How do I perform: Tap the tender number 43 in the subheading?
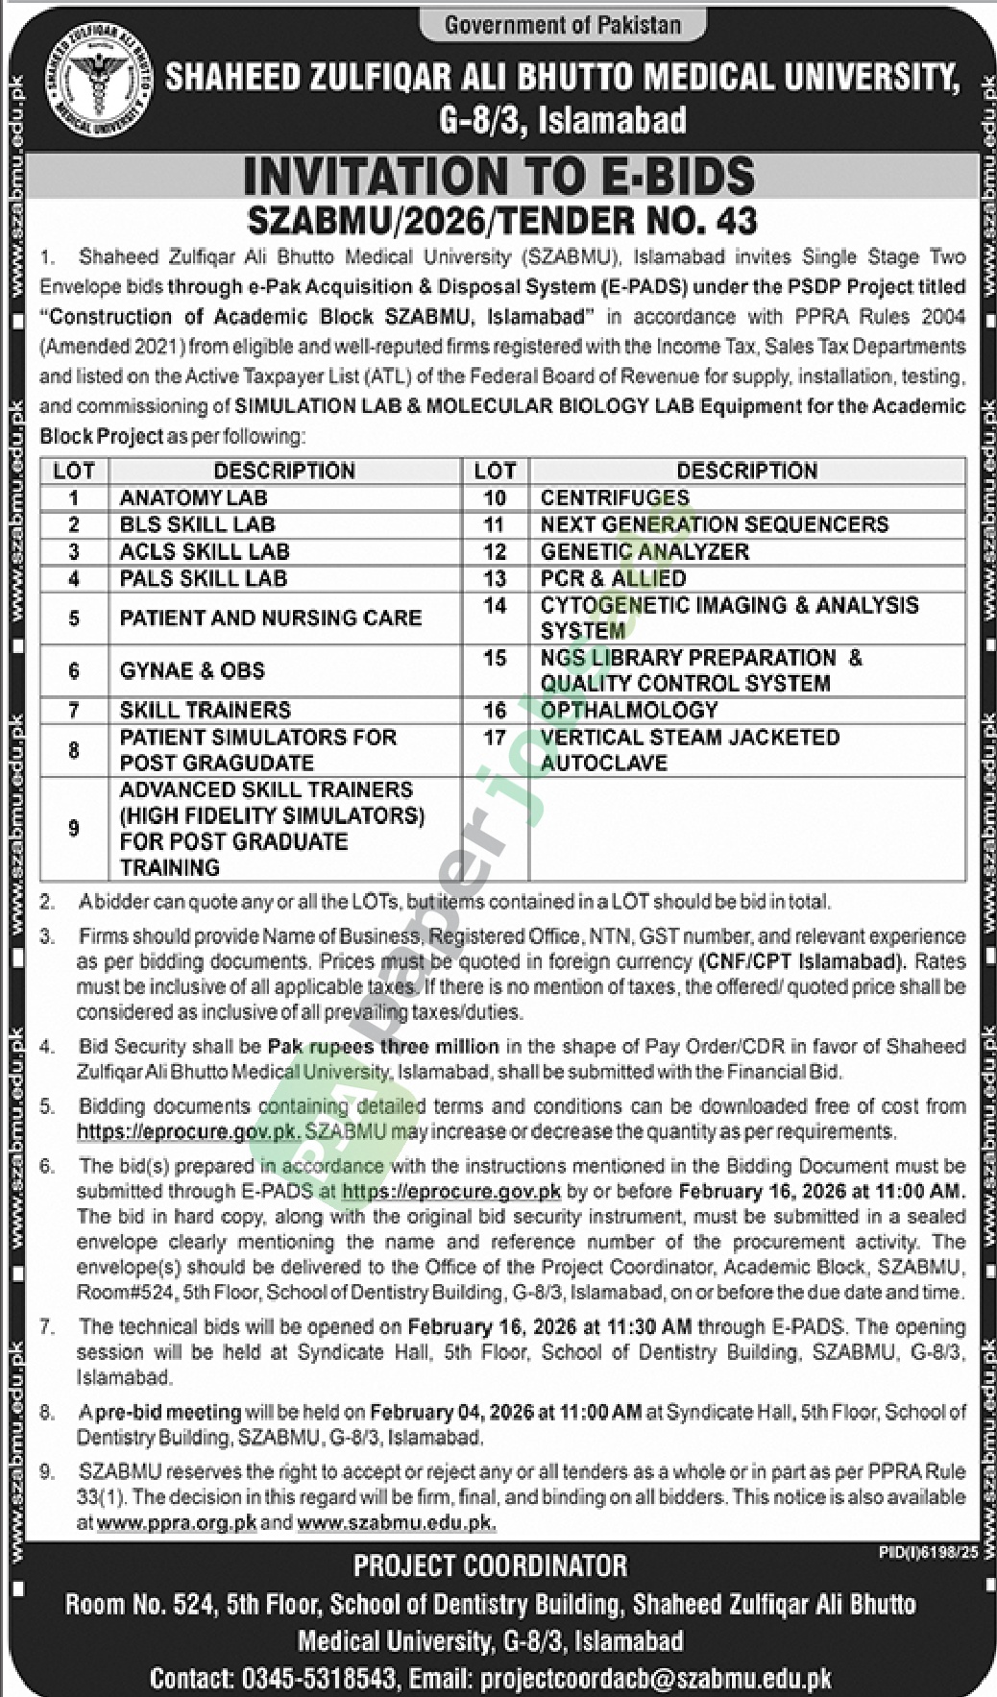[739, 222]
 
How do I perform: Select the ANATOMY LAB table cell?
[193, 497]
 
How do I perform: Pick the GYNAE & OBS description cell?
[192, 670]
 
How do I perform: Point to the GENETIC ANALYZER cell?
[644, 551]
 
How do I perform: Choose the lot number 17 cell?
[495, 738]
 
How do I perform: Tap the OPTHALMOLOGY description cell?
[629, 710]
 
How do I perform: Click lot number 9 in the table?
[74, 828]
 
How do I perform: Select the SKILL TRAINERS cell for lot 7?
[205, 710]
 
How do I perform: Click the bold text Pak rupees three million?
[383, 1046]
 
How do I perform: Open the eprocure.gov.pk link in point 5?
[187, 1131]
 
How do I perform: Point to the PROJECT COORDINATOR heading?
[490, 1566]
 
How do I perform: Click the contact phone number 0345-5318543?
[318, 1678]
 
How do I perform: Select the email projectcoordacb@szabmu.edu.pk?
[656, 1678]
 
